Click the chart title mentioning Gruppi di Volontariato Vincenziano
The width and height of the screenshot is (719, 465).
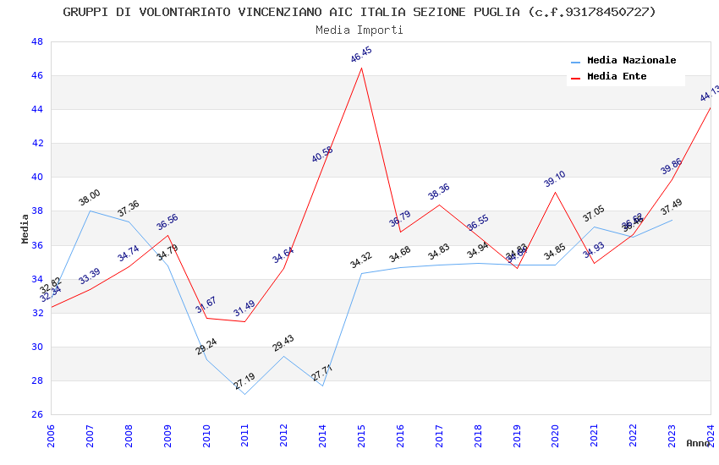pos(359,12)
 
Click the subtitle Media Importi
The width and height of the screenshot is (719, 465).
pos(359,30)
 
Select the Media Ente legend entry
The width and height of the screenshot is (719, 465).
pos(617,77)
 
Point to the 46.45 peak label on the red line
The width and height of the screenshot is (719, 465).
pos(361,55)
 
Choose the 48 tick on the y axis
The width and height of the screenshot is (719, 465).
pos(37,41)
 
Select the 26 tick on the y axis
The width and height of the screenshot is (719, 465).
pos(37,414)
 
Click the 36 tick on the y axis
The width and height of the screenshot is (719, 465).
pos(37,245)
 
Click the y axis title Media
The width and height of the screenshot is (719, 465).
pos(25,228)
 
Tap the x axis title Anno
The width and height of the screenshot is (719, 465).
pos(698,443)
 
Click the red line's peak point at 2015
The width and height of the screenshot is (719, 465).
pos(362,68)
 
